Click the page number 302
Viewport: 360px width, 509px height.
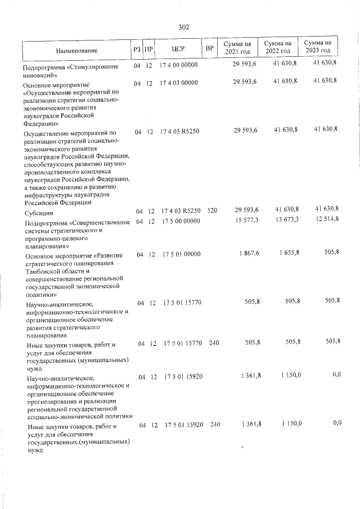point(183,26)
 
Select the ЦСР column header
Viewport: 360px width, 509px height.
point(178,49)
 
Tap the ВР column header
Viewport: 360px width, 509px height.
point(210,49)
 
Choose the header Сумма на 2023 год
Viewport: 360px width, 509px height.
point(318,47)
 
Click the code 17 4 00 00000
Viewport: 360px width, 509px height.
point(179,66)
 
